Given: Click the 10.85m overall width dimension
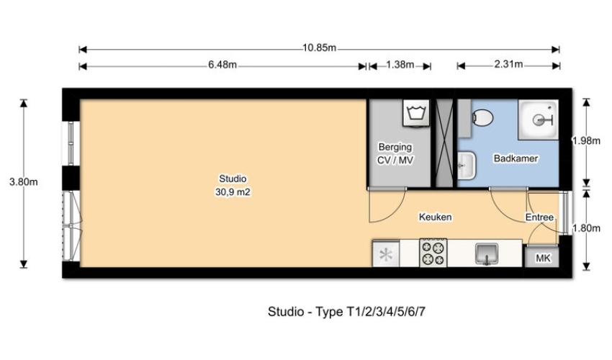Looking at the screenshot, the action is pos(319,48).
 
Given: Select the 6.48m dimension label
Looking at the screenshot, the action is pos(222,65).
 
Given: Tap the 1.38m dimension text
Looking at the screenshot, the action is pos(400,64).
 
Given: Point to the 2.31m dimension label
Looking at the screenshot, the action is pos(508,64).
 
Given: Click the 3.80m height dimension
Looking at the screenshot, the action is pos(24,182).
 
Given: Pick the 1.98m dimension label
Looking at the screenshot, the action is pos(586,140).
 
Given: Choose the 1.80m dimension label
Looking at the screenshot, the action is pos(586,228).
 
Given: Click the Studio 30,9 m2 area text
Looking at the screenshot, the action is pos(233,186).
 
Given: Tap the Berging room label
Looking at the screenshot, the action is pos(395,147).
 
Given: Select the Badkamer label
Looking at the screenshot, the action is pos(516,158).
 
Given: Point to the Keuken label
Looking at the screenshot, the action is pos(435,217).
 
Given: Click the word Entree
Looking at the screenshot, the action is pos(539,217).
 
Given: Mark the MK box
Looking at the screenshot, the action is pos(543,258).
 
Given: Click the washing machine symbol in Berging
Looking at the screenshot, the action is pos(416,113).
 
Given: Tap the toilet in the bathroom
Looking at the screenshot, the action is pos(482,117).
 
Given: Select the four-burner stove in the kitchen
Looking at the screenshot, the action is pos(433,253).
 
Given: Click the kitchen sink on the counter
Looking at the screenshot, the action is pos(487,253).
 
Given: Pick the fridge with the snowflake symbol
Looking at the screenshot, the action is pos(386,254).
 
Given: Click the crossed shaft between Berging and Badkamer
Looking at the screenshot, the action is pos(444,143).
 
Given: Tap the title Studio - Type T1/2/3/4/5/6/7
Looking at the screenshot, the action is pos(346,312).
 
